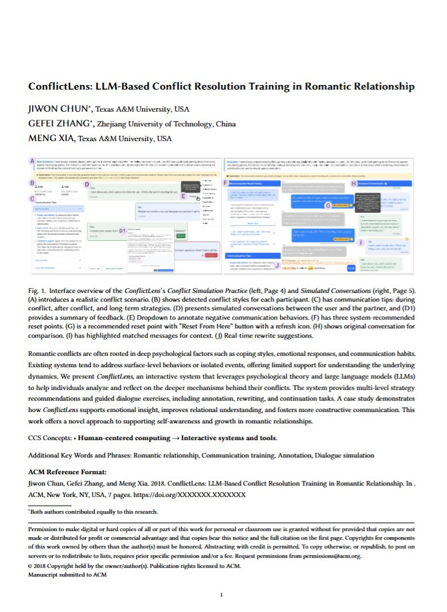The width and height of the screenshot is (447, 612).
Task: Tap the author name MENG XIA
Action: point(51,138)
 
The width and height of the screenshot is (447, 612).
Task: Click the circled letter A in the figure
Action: point(33,162)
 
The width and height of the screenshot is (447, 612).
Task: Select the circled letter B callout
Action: point(33,183)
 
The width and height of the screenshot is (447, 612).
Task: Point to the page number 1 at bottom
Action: point(221,594)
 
